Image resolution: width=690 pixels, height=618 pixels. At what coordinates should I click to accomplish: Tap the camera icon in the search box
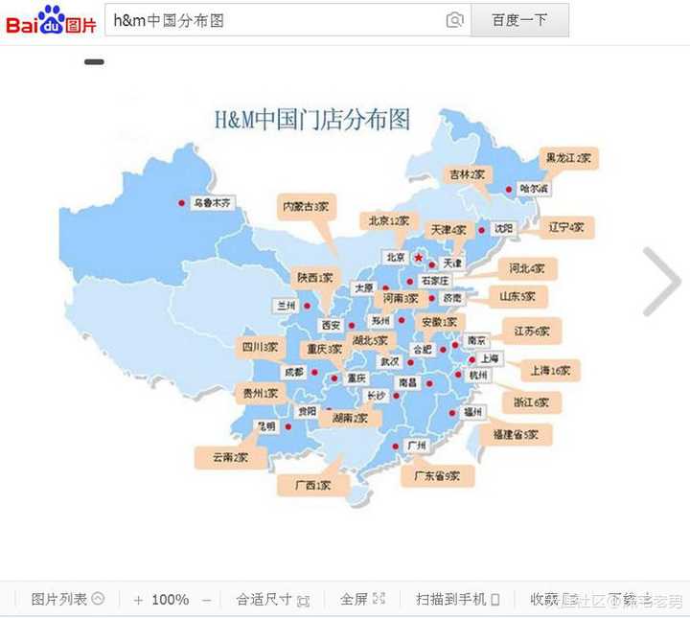pos(454,20)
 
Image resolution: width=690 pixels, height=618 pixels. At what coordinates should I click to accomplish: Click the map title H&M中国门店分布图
pos(311,120)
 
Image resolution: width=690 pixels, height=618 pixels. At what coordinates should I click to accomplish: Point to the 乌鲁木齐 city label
pos(213,203)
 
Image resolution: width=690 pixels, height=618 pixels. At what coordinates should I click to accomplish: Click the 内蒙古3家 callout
pos(306,206)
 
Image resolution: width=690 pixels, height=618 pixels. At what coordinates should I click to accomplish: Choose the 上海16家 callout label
pos(550,370)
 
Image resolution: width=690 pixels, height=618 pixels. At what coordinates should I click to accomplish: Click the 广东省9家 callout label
pos(436,475)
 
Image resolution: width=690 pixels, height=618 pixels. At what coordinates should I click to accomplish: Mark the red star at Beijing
pos(418,258)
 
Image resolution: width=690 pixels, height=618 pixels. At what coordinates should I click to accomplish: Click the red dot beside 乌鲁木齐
pos(181,202)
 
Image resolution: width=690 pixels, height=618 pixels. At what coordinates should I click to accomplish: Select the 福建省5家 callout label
pos(522,435)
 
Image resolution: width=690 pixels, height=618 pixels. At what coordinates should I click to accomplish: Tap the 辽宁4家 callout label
pos(565,228)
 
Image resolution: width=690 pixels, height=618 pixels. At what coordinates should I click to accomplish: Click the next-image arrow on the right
pos(661,282)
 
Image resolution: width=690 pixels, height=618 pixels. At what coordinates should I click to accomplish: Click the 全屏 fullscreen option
pos(362,599)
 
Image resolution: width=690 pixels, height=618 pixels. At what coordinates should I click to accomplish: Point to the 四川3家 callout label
pos(260,347)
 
